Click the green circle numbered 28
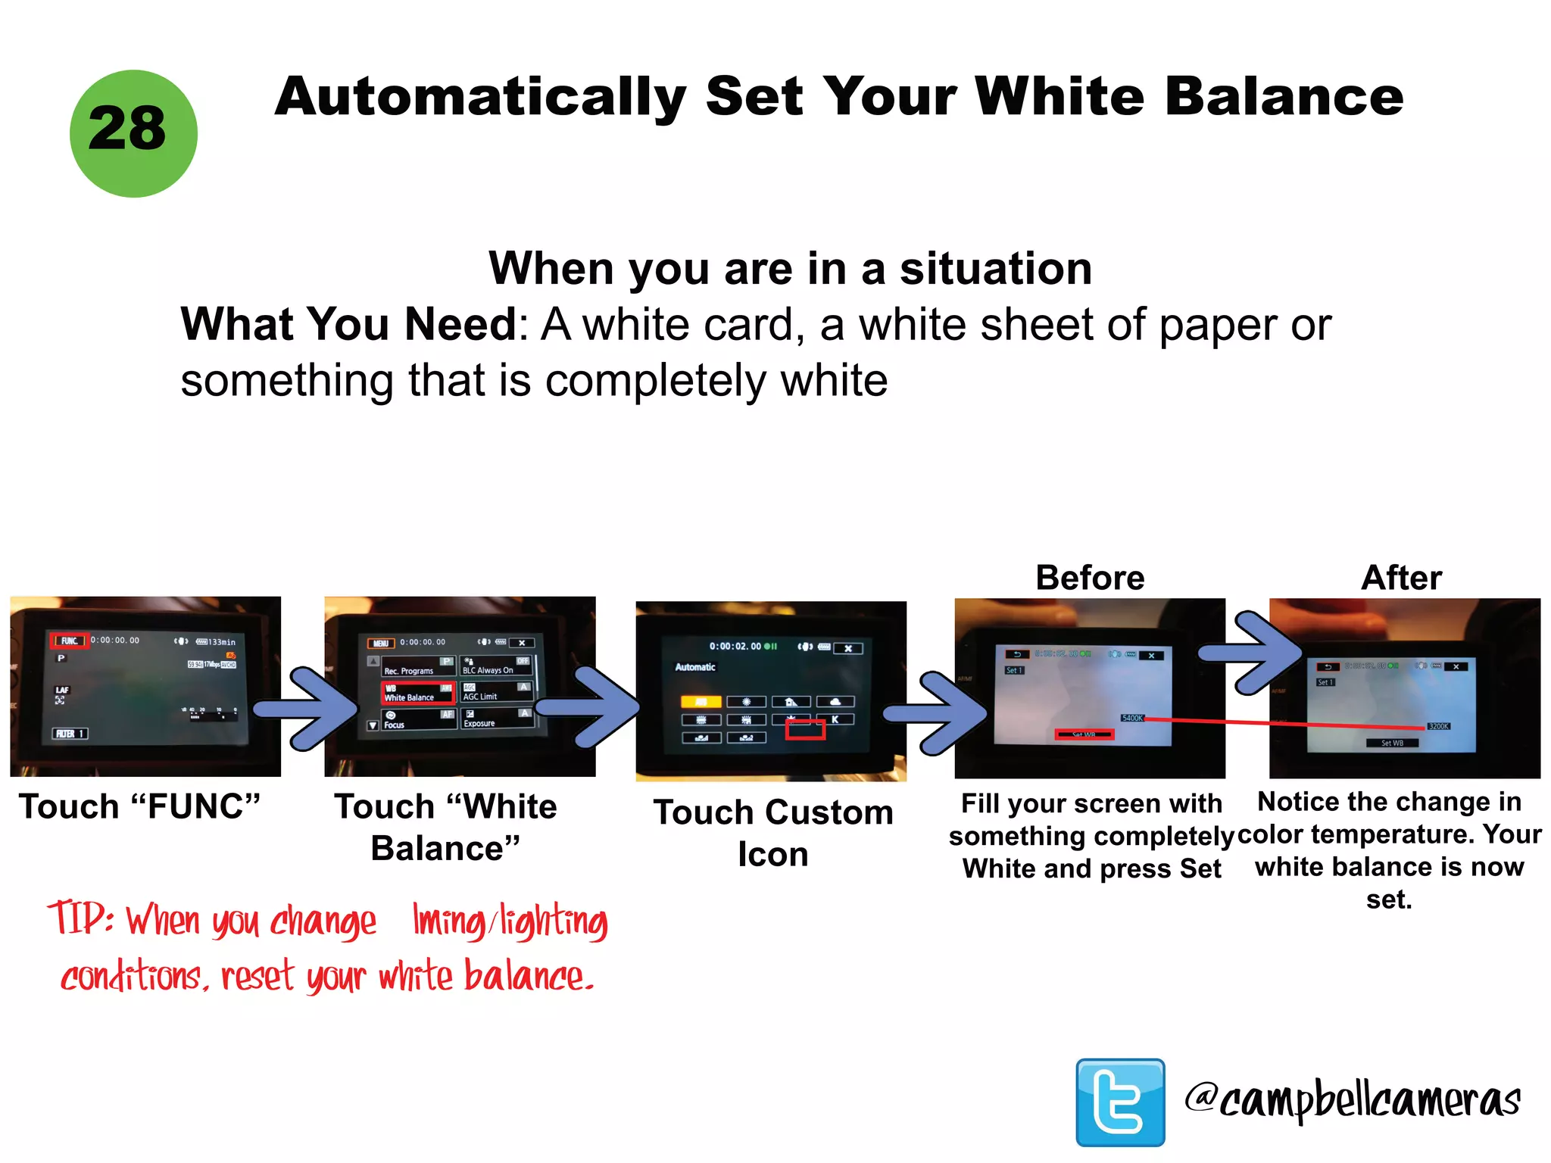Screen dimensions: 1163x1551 133,134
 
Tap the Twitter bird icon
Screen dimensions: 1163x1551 1120,1102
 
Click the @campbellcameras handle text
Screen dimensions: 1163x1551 1353,1100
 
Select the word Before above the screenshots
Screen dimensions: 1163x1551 1090,578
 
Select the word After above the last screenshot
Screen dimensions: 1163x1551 1402,578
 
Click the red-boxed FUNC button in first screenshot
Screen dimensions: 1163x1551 70,641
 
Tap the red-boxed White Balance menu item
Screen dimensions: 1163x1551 418,693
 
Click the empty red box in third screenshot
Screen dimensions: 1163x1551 805,729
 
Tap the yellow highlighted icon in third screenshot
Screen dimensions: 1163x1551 701,701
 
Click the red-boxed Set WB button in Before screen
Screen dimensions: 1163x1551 1084,734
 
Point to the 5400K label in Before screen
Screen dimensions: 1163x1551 1132,718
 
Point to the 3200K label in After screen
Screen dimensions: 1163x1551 1438,726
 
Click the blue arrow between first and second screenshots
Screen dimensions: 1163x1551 307,709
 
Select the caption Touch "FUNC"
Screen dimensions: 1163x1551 140,807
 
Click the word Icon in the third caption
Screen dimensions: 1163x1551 773,855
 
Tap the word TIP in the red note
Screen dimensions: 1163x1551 80,918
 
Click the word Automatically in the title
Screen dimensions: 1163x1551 480,98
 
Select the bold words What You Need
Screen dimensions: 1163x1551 348,325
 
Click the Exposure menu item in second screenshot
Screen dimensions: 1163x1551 479,722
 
